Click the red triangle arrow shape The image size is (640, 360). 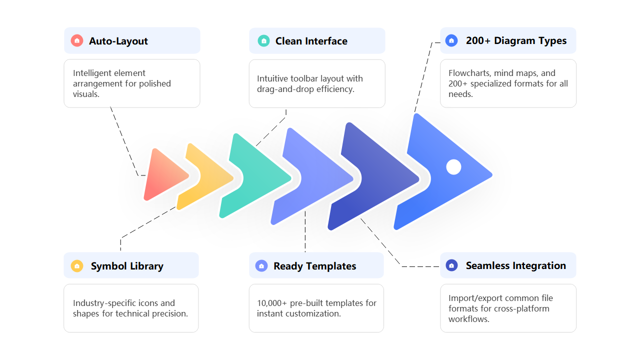(162, 175)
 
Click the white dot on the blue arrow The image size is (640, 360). (453, 167)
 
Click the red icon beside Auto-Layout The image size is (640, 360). (77, 41)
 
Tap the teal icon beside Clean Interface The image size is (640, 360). (263, 41)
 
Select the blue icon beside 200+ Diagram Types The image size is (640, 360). (451, 40)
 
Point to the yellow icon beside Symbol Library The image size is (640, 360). (77, 266)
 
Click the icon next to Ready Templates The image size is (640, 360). (261, 266)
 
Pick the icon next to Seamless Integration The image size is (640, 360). (451, 265)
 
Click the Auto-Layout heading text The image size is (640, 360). (118, 41)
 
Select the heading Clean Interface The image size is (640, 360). (311, 41)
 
